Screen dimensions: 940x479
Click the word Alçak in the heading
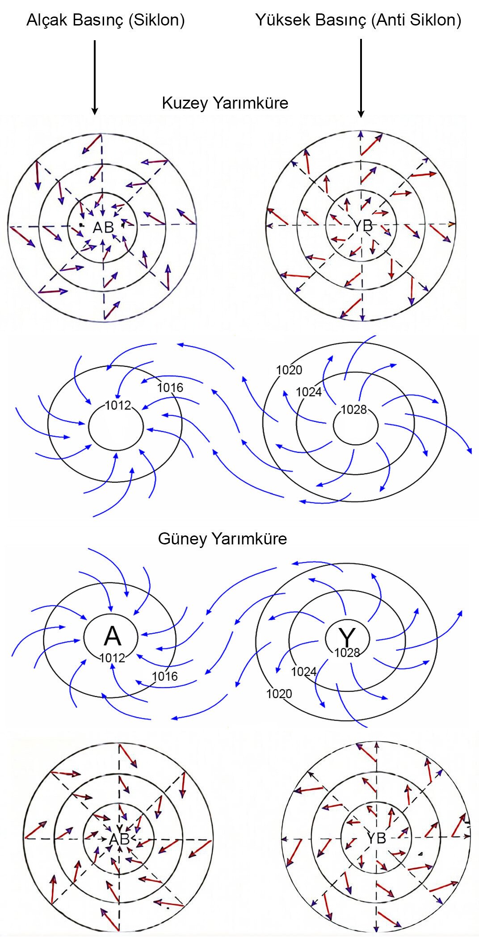pyautogui.click(x=46, y=21)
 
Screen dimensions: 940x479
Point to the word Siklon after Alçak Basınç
pyautogui.click(x=157, y=21)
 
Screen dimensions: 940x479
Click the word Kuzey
pyautogui.click(x=183, y=103)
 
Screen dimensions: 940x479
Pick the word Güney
pyautogui.click(x=182, y=539)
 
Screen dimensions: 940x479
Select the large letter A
pyautogui.click(x=112, y=636)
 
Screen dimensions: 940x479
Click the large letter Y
pyautogui.click(x=347, y=636)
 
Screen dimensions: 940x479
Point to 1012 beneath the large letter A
pyautogui.click(x=112, y=658)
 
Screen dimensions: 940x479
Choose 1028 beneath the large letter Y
pyautogui.click(x=347, y=653)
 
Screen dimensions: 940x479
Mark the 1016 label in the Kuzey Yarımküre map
pyautogui.click(x=170, y=388)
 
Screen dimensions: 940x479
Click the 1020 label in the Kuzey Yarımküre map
pyautogui.click(x=289, y=370)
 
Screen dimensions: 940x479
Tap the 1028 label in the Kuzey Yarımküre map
pyautogui.click(x=353, y=409)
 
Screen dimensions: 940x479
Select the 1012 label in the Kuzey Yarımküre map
pyautogui.click(x=118, y=405)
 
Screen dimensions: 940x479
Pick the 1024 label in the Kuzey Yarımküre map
pyautogui.click(x=309, y=392)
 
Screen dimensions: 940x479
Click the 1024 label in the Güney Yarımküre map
pyautogui.click(x=304, y=672)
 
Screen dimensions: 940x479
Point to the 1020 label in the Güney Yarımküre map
pyautogui.click(x=279, y=694)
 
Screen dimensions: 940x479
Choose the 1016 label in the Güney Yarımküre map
pyautogui.click(x=165, y=676)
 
